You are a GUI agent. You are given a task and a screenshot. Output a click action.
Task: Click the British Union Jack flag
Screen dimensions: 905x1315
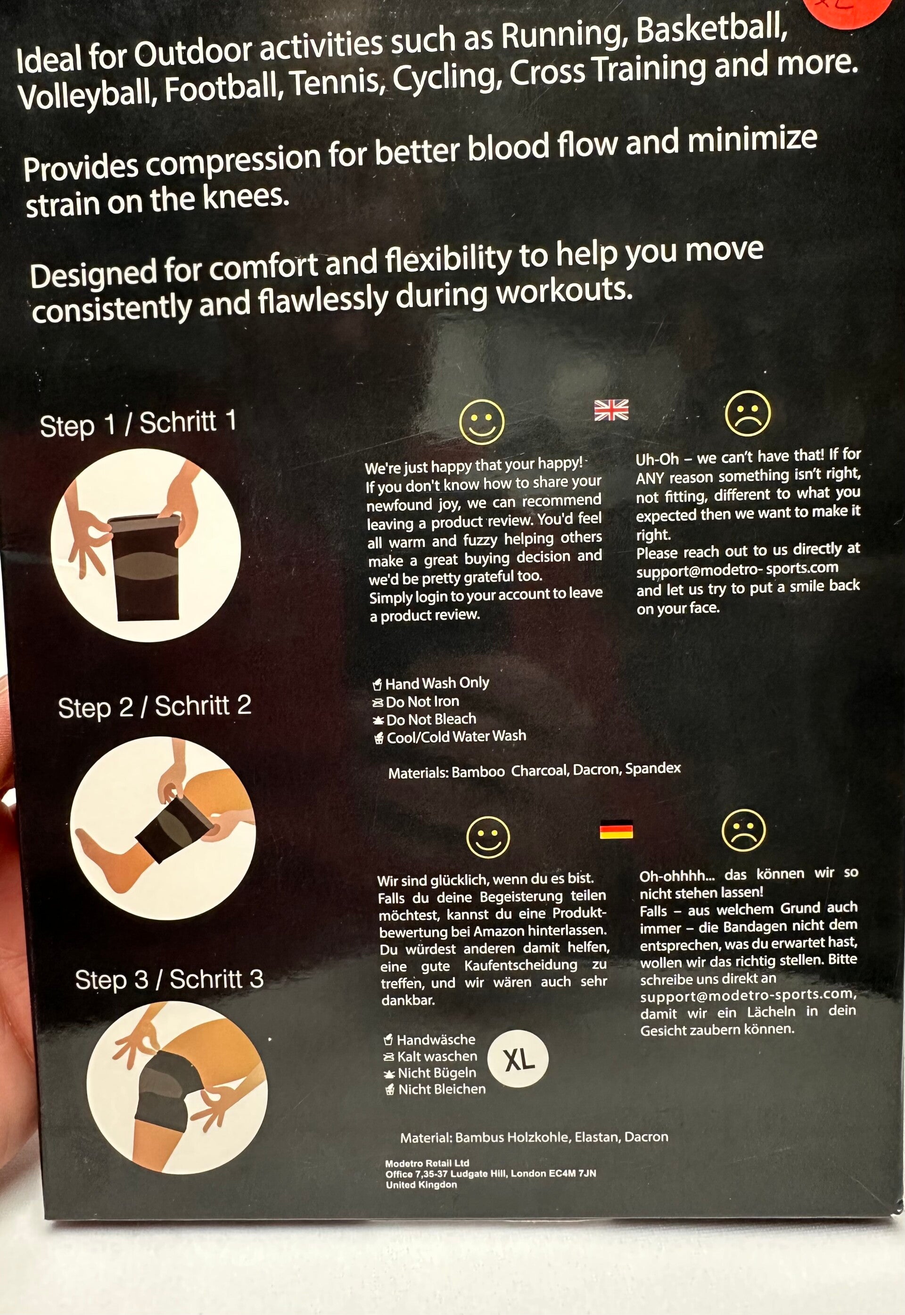coord(611,410)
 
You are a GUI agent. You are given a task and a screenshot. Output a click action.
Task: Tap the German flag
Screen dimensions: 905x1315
coord(617,831)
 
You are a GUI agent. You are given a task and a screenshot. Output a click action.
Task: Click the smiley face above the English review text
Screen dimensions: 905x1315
coord(481,422)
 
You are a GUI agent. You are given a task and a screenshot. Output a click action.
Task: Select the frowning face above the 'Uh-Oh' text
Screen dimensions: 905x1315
coord(748,413)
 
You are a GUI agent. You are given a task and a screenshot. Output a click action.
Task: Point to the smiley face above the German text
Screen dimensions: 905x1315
coord(488,837)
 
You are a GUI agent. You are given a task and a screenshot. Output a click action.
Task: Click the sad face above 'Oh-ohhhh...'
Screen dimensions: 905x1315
coord(743,830)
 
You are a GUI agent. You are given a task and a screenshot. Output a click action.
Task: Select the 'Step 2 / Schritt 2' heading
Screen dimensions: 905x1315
coord(154,707)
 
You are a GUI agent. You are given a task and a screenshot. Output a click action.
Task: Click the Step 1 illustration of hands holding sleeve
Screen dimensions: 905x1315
coord(146,545)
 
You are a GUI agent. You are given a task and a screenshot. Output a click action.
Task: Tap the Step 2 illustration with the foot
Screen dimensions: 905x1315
coord(163,829)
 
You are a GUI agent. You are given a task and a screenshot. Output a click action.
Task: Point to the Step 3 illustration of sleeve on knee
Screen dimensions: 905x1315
coord(177,1088)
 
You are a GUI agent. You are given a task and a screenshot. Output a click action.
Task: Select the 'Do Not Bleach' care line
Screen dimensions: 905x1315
coord(431,719)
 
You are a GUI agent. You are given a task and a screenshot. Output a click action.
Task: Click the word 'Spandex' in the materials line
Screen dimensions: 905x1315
coord(653,768)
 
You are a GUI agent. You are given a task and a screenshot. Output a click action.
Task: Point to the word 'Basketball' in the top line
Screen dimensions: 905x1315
coord(712,30)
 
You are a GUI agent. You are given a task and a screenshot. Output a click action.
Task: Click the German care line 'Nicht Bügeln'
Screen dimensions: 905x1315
coord(436,1073)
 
